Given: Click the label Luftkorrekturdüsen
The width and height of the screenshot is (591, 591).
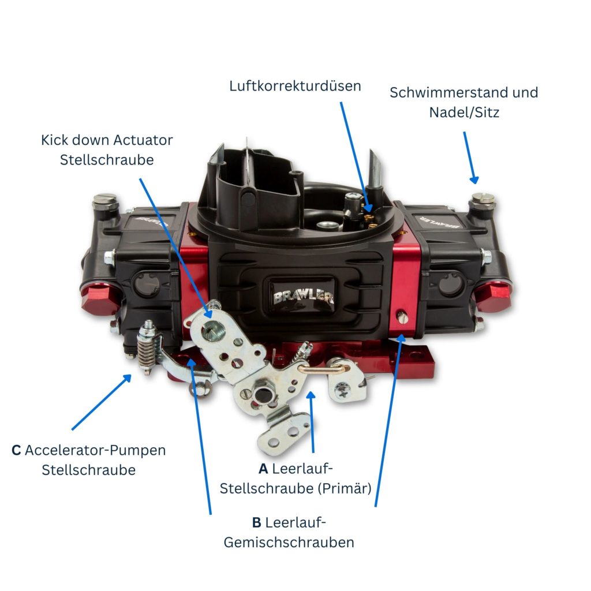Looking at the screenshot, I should coord(295,86).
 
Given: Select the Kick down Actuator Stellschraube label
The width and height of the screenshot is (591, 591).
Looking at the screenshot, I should coord(107,149).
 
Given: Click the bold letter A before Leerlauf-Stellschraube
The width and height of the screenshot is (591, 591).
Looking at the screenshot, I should coord(263,468).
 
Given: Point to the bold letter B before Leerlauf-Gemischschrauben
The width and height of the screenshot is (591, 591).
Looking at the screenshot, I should coord(257,523).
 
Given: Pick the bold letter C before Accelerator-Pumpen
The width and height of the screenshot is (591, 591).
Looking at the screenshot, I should coord(16,450).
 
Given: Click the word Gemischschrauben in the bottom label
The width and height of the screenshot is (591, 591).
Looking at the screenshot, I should coord(289,543).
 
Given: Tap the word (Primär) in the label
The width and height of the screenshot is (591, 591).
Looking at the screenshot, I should coord(344,488).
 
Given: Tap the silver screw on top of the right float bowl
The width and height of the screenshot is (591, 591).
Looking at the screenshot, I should coord(482,199).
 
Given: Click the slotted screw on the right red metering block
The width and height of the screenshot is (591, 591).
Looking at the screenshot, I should coord(403,316).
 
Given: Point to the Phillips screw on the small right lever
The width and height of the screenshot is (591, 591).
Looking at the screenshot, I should coord(343,388).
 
